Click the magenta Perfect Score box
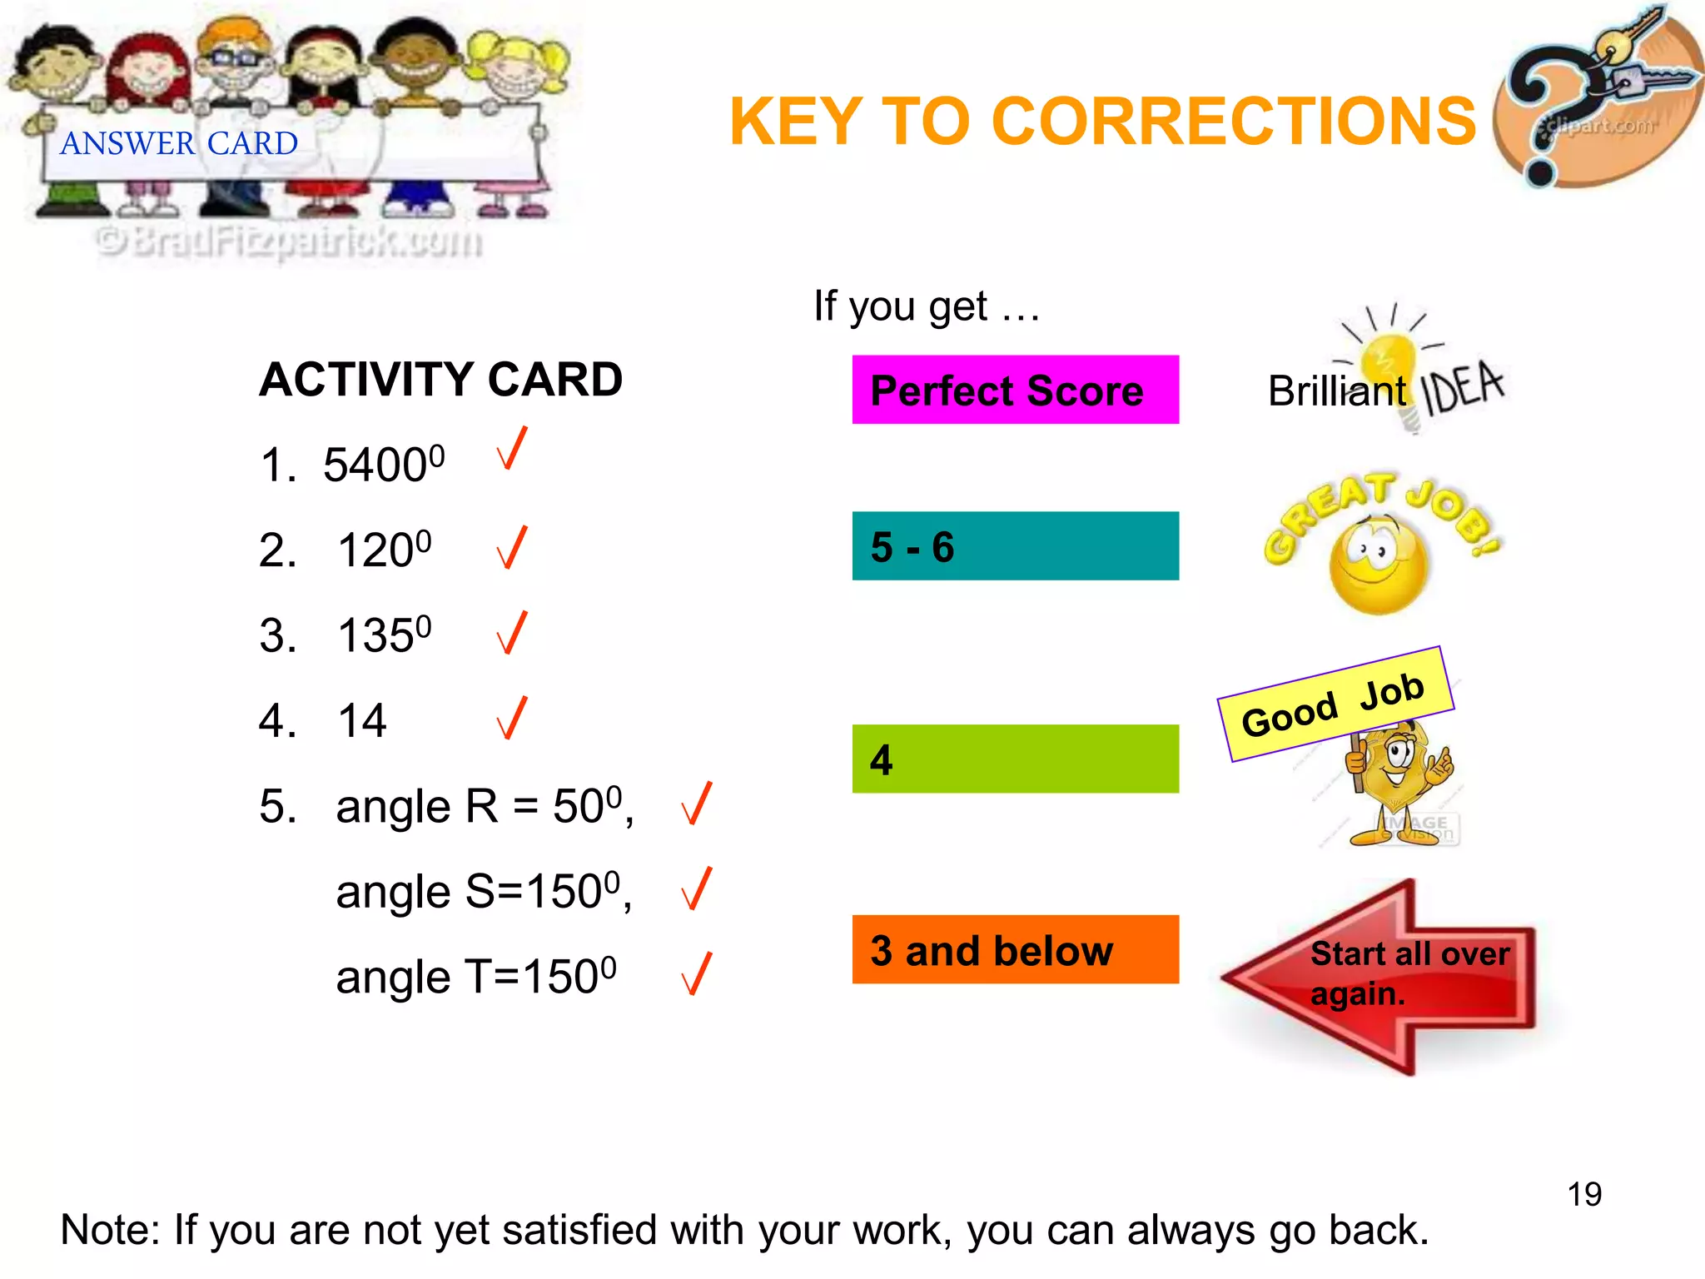[x=1015, y=390]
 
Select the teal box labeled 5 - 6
[x=1015, y=546]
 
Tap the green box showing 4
[x=1015, y=759]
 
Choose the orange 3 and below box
[x=1015, y=949]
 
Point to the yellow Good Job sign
[x=1335, y=704]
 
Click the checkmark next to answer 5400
[x=512, y=449]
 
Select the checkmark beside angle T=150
[x=697, y=973]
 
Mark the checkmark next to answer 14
[x=512, y=719]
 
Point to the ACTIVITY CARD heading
[x=441, y=380]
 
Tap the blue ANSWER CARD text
[x=179, y=143]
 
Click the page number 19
[x=1584, y=1194]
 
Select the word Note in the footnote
[x=108, y=1230]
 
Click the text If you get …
[x=927, y=306]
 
